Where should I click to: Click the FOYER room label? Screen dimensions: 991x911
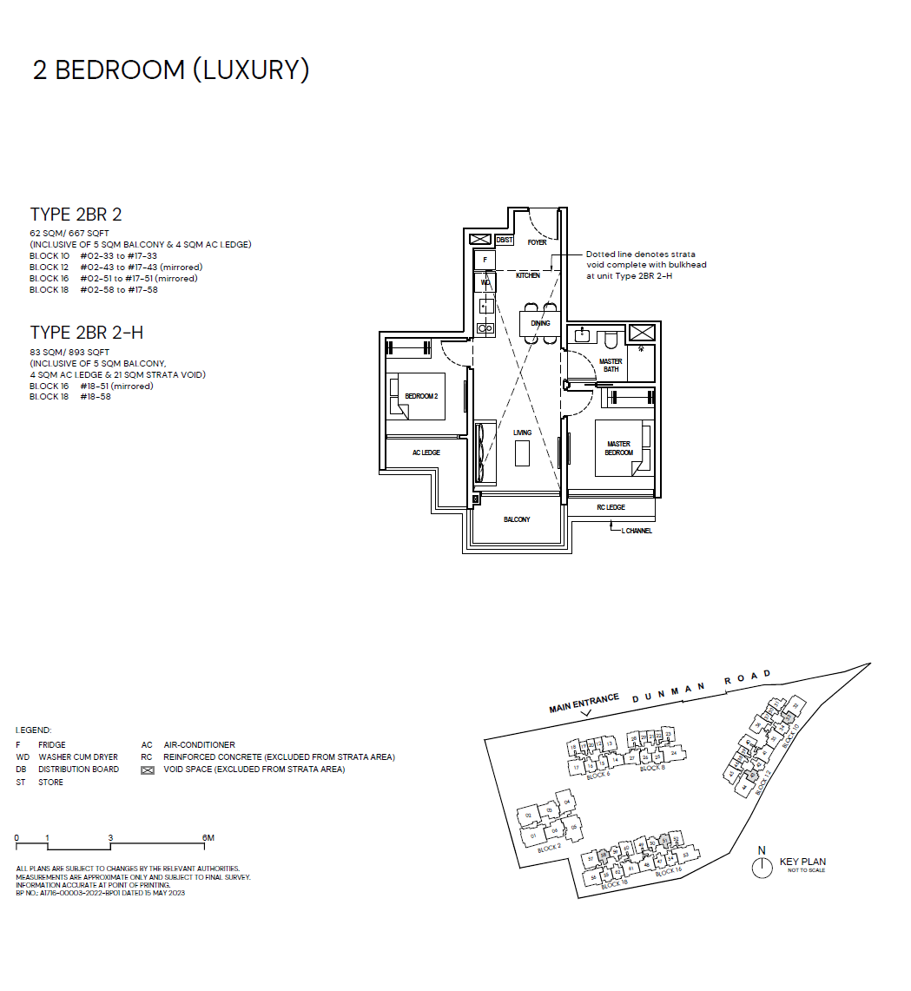537,242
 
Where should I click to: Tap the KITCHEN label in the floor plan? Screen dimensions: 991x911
527,275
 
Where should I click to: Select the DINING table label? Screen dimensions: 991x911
540,324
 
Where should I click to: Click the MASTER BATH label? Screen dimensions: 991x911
611,366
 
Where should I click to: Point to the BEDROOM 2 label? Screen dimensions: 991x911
421,396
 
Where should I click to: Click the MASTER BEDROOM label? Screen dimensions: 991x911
618,448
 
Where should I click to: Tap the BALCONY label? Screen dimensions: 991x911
517,519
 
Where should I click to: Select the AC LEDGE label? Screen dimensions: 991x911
426,453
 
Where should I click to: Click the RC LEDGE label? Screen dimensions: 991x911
611,507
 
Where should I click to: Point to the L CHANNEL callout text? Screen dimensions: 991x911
636,531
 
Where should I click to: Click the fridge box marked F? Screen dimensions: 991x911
485,260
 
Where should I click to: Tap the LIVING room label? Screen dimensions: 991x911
522,433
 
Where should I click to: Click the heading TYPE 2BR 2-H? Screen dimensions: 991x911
86,333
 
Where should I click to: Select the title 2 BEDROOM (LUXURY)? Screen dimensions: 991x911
171,70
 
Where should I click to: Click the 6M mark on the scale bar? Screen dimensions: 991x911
208,838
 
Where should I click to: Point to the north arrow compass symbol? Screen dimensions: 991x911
762,866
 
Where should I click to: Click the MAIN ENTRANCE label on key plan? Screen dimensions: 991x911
584,703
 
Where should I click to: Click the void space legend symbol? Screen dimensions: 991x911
147,770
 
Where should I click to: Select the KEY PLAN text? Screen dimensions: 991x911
802,862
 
